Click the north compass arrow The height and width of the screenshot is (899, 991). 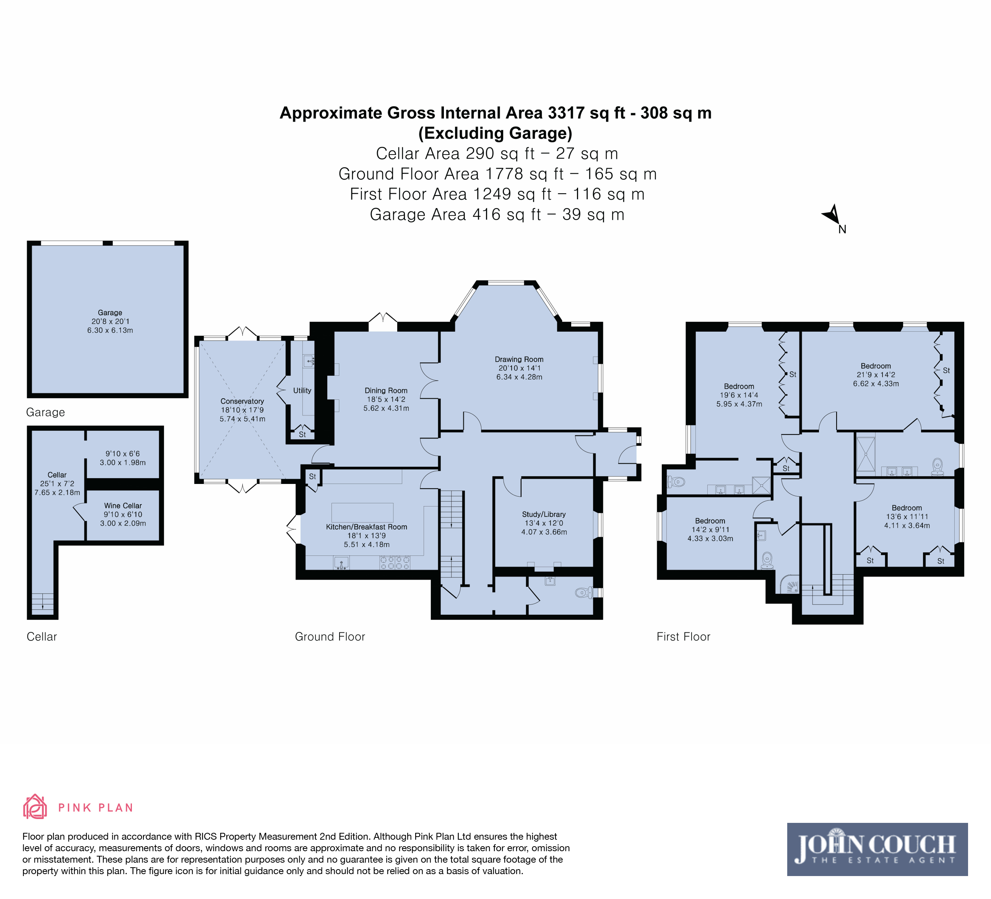click(832, 215)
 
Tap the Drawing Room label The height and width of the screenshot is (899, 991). click(519, 360)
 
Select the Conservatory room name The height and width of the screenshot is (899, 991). click(242, 401)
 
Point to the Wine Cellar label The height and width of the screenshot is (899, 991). click(123, 506)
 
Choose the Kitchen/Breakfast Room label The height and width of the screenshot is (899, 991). click(367, 527)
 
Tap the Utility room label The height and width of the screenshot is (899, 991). click(302, 391)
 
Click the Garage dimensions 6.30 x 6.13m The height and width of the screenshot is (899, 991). click(110, 331)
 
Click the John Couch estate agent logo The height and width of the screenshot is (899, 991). click(877, 849)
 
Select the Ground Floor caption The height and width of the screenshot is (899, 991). click(330, 637)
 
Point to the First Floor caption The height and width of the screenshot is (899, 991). click(683, 637)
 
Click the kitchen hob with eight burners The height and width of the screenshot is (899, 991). click(395, 563)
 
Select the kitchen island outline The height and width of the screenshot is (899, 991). click(362, 513)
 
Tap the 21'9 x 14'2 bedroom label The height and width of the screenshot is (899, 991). click(876, 375)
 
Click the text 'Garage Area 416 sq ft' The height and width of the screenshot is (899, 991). click(455, 215)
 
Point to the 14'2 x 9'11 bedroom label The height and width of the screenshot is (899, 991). click(710, 530)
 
